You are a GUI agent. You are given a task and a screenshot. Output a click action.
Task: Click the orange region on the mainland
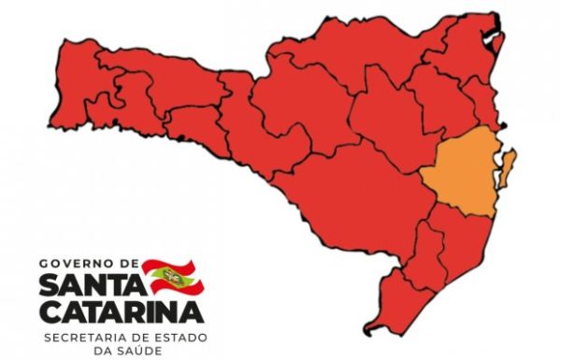click(x=459, y=179)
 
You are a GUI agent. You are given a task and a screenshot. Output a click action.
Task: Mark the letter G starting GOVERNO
click(x=46, y=266)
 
